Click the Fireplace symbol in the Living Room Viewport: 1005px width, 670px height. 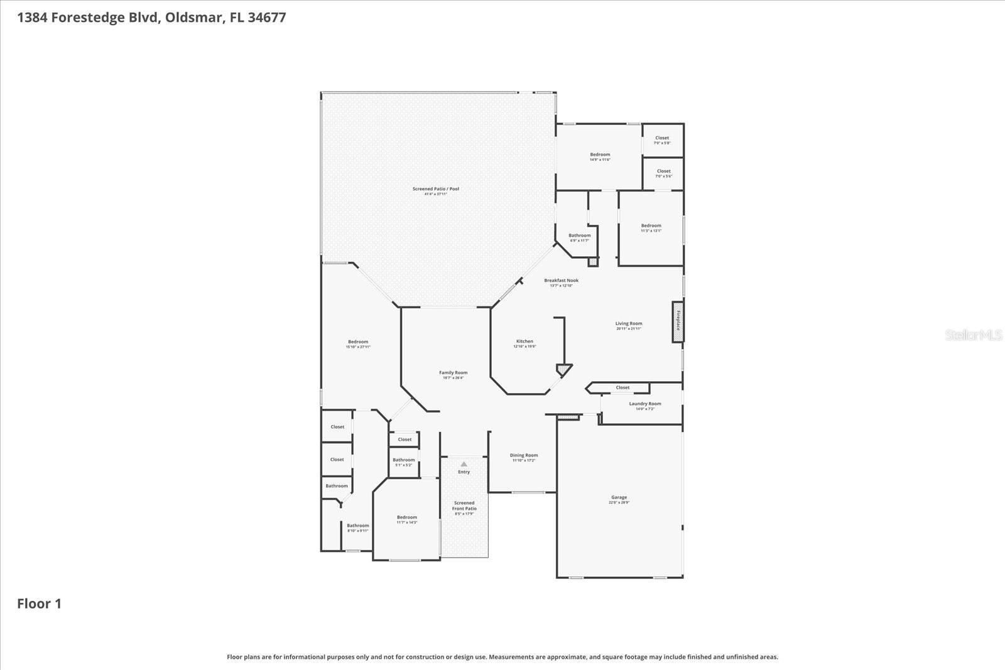678,322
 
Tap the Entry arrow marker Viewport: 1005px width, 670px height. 464,465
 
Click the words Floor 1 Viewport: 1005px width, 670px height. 39,603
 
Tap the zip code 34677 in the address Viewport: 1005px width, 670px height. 266,17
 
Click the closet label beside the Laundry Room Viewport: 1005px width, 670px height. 622,387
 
